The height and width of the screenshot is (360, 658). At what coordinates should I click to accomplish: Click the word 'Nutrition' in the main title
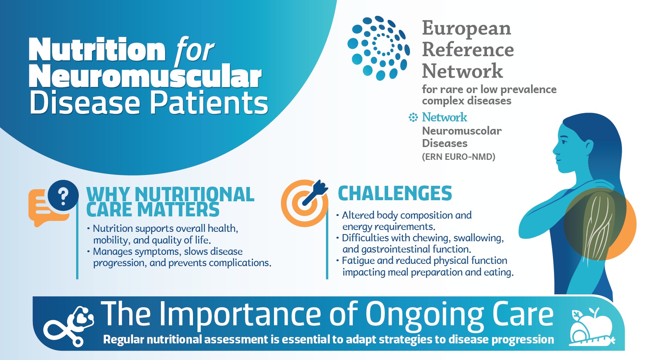coord(97,50)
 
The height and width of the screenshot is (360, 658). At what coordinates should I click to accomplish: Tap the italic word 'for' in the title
coord(194,50)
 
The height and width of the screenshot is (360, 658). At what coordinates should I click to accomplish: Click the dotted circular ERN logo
coord(378,48)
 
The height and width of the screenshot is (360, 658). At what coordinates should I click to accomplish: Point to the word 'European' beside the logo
coord(467,28)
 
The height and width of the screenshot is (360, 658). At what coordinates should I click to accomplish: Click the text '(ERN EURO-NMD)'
coord(459,157)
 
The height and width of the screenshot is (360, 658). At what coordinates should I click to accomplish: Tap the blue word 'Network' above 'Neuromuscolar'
coord(445,117)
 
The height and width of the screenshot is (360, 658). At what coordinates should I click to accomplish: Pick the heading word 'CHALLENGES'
coord(395,193)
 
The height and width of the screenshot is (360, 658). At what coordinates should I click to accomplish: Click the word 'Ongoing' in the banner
coord(425,315)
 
